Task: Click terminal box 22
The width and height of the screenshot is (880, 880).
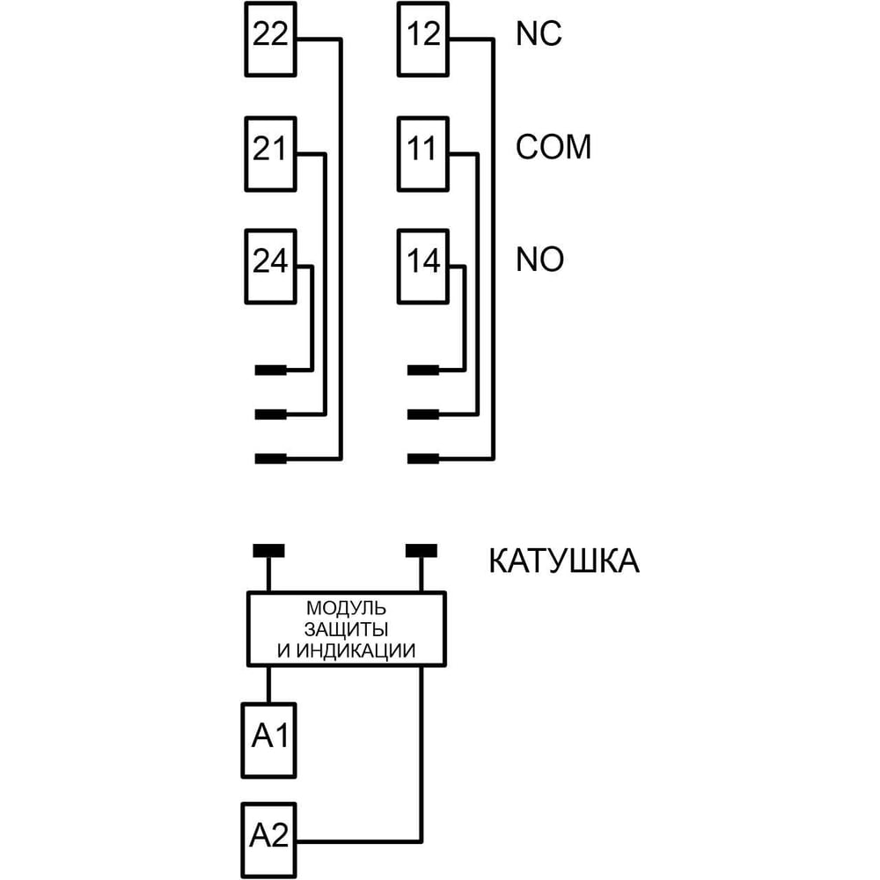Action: point(270,40)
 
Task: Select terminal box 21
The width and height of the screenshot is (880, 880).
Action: point(270,154)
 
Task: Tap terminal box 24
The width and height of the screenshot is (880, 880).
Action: point(270,267)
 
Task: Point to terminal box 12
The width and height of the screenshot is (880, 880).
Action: point(423,40)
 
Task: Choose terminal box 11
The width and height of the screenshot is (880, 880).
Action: point(423,154)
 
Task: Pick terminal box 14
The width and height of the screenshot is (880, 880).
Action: point(423,267)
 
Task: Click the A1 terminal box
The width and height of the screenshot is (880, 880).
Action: point(268,740)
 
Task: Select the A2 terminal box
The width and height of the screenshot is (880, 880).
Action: point(268,840)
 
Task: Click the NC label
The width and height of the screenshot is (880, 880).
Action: point(539,33)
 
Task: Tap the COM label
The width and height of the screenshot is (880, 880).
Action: point(554,147)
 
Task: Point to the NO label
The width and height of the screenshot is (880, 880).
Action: point(540,260)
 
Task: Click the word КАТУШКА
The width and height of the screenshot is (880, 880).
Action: point(564,561)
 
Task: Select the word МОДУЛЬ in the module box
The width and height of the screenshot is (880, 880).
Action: point(346,608)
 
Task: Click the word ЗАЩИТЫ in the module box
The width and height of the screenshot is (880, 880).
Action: point(346,629)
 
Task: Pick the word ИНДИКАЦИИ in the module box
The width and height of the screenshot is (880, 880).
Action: point(356,650)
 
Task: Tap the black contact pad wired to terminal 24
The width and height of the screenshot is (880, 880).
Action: point(270,370)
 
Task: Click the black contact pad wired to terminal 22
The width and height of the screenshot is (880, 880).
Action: point(270,458)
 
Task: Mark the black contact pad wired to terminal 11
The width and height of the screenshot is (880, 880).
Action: point(423,414)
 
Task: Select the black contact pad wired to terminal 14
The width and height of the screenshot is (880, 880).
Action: point(423,370)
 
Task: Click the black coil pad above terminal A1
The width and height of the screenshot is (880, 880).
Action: point(268,551)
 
